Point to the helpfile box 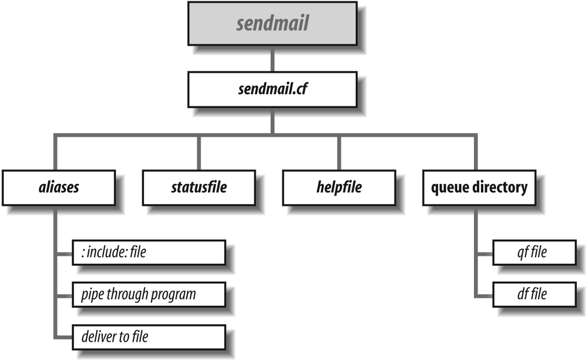coord(338,188)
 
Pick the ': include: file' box coord(148,253)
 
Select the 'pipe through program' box coord(148,294)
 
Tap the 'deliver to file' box coord(148,336)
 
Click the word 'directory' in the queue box coord(502,188)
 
